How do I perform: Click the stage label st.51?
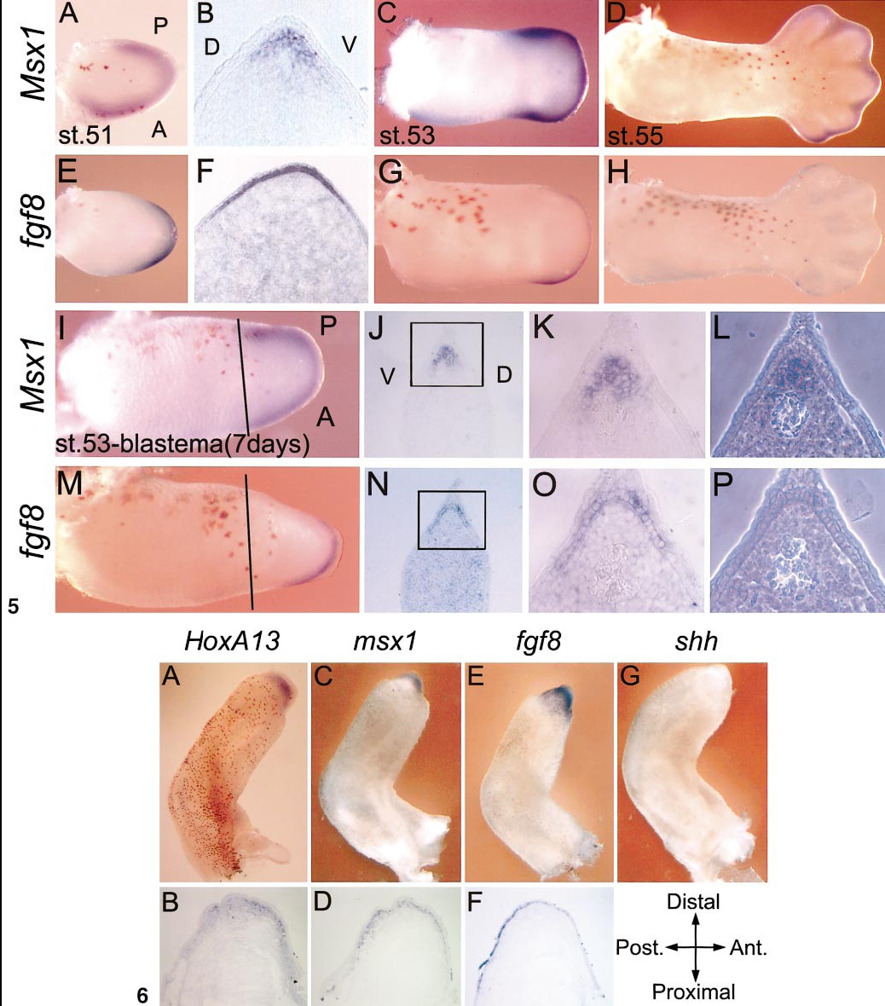click(84, 135)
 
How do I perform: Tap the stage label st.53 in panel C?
click(406, 136)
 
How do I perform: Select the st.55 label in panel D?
click(634, 136)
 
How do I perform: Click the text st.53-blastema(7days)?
click(182, 443)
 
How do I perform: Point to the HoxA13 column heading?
click(232, 640)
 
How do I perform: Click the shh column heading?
click(696, 640)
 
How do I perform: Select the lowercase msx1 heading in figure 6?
click(385, 641)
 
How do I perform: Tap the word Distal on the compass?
click(693, 901)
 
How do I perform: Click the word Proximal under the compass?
click(693, 992)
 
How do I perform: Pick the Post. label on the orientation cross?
click(639, 948)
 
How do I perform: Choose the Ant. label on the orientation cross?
click(749, 948)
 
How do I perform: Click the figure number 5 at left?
click(14, 605)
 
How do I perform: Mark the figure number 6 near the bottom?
click(142, 995)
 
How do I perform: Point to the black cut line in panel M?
click(249, 542)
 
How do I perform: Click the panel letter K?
click(544, 327)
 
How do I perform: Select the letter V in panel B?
click(349, 45)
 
